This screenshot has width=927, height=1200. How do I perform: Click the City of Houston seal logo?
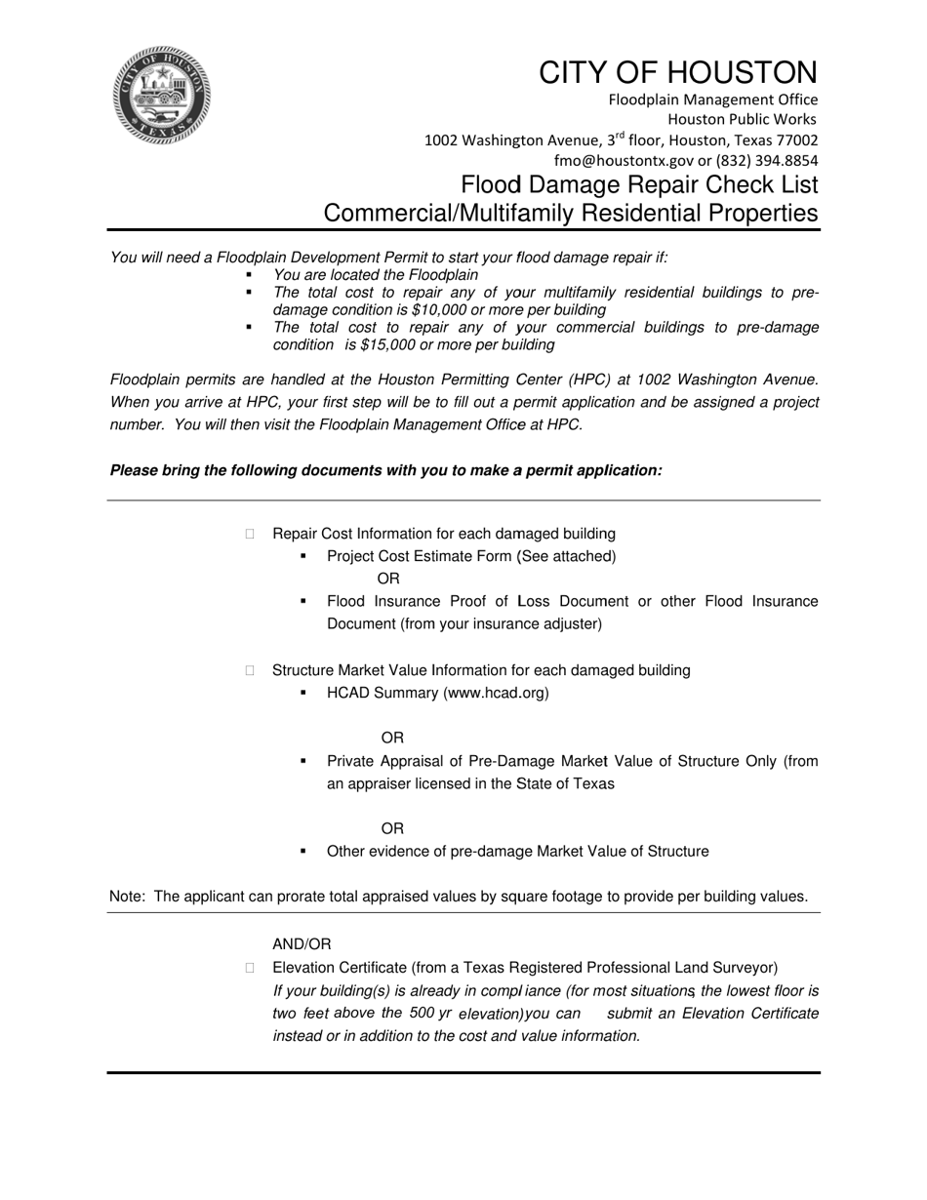[x=161, y=96]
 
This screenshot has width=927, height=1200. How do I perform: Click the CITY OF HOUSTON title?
[x=678, y=73]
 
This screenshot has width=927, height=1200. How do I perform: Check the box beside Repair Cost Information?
[x=250, y=534]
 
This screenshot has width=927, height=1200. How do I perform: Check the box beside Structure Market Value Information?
[x=250, y=670]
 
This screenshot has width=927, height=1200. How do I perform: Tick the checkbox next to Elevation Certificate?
[x=250, y=968]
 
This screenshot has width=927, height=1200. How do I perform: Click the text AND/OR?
[x=302, y=944]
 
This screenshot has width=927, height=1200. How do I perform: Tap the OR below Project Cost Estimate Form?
[x=387, y=580]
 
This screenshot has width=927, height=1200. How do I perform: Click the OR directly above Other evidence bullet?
[x=392, y=829]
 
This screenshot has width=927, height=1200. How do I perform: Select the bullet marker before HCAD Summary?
[x=303, y=693]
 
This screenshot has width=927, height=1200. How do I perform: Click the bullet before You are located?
[x=249, y=275]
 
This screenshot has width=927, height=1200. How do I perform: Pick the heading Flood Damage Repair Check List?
[x=639, y=185]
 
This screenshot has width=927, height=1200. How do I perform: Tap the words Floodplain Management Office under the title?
[x=713, y=100]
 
